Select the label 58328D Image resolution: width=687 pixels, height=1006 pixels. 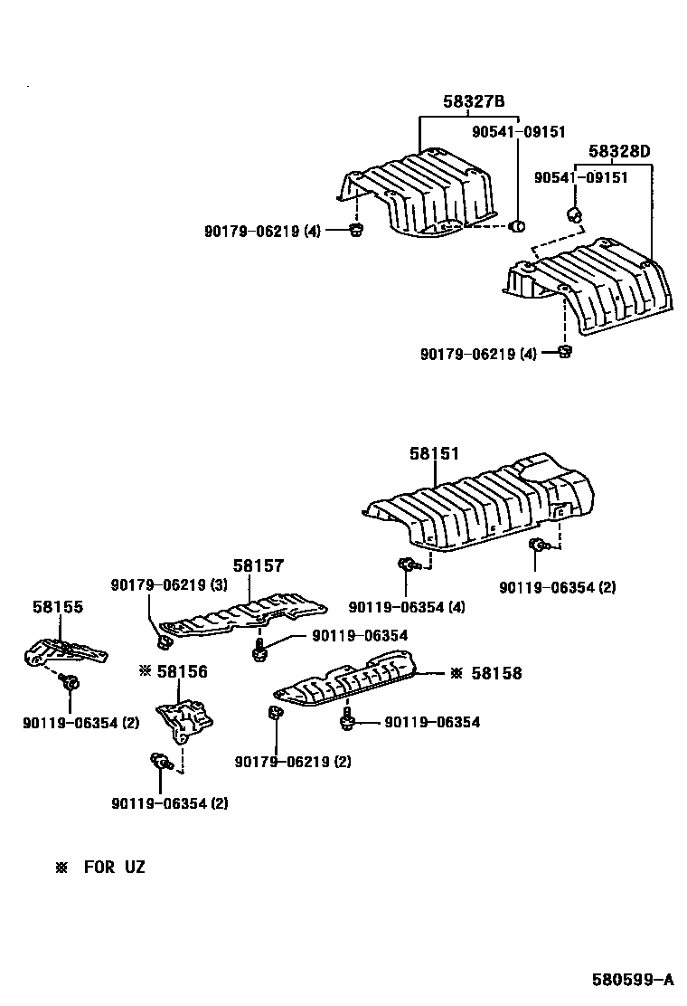pyautogui.click(x=620, y=151)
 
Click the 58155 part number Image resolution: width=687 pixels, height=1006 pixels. pyautogui.click(x=58, y=606)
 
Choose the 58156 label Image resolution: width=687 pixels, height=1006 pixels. pyautogui.click(x=181, y=671)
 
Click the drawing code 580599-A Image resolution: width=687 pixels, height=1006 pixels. pyautogui.click(x=633, y=979)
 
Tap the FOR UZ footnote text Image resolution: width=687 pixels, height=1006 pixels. pyautogui.click(x=114, y=868)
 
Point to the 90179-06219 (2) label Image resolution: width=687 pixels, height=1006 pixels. pyautogui.click(x=293, y=762)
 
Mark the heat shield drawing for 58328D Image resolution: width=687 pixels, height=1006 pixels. pyautogui.click(x=588, y=288)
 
